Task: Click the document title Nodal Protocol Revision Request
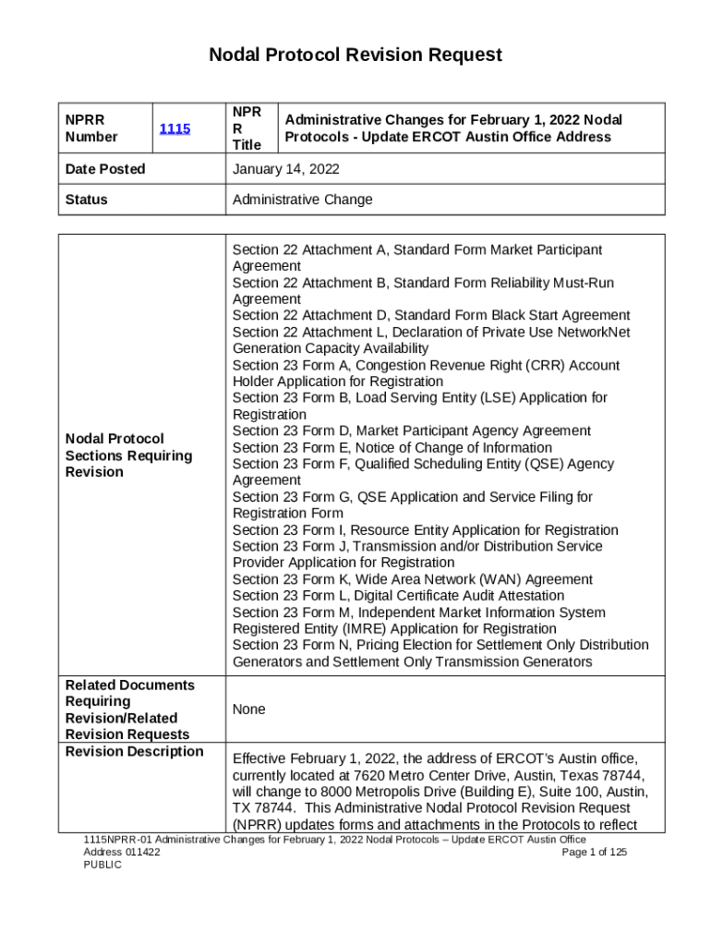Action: point(355,55)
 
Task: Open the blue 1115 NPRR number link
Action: point(175,129)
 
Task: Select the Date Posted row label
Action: point(105,169)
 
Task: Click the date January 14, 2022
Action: point(285,169)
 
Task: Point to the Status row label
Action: point(86,200)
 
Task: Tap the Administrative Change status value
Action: point(302,200)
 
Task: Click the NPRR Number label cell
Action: point(91,128)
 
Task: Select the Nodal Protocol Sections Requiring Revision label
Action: point(128,455)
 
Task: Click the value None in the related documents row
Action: point(248,709)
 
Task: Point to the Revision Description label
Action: point(134,751)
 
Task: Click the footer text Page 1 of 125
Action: point(594,852)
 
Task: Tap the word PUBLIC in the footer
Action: point(102,865)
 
